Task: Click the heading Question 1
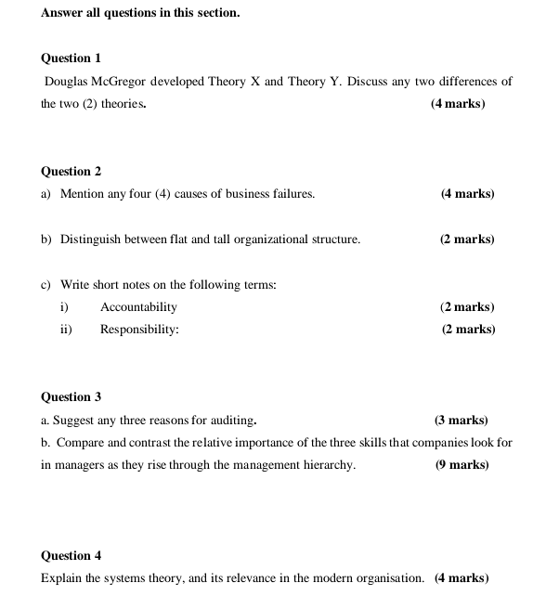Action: point(71,58)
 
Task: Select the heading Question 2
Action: point(71,171)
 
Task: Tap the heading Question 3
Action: point(71,396)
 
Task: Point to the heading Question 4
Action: point(71,555)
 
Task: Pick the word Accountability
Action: point(138,306)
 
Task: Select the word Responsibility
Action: point(139,329)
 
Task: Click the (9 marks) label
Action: point(461,464)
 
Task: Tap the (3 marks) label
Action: point(461,420)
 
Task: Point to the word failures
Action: point(289,194)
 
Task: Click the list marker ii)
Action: point(66,329)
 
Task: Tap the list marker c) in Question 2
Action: point(46,284)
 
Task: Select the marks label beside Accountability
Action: point(467,306)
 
